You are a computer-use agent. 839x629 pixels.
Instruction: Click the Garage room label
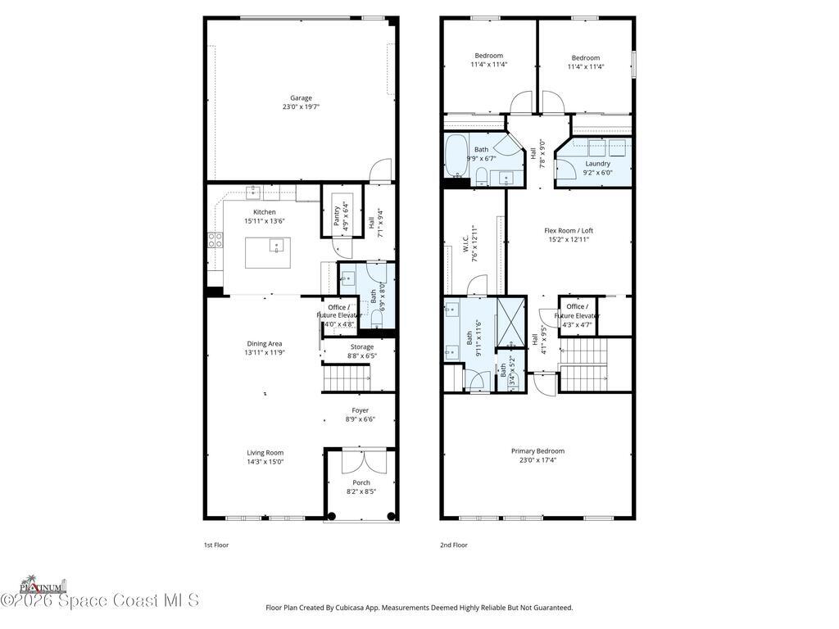pyautogui.click(x=301, y=97)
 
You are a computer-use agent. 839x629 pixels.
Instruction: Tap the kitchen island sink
pyautogui.click(x=277, y=244)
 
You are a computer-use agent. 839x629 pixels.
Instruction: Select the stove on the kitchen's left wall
pyautogui.click(x=215, y=240)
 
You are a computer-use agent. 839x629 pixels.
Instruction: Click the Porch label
pyautogui.click(x=361, y=482)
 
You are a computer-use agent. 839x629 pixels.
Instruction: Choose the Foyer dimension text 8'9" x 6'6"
pyautogui.click(x=361, y=419)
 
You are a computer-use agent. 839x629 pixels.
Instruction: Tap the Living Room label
pyautogui.click(x=265, y=452)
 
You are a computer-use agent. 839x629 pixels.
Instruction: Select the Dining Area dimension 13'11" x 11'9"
pyautogui.click(x=265, y=353)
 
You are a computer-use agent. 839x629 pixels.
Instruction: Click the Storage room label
pyautogui.click(x=362, y=346)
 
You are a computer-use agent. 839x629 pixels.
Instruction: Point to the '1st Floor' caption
pyautogui.click(x=215, y=545)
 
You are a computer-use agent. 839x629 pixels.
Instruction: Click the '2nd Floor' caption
pyautogui.click(x=453, y=545)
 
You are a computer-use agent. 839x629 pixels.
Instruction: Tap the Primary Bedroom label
pyautogui.click(x=537, y=450)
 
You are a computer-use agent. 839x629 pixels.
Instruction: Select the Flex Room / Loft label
pyautogui.click(x=569, y=230)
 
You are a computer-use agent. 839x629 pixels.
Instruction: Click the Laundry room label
pyautogui.click(x=596, y=163)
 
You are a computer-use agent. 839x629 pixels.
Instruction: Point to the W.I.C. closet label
pyautogui.click(x=464, y=243)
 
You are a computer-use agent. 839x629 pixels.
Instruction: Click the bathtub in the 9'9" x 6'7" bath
pyautogui.click(x=456, y=157)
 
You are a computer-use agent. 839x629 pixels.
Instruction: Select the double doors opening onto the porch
pyautogui.click(x=361, y=460)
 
